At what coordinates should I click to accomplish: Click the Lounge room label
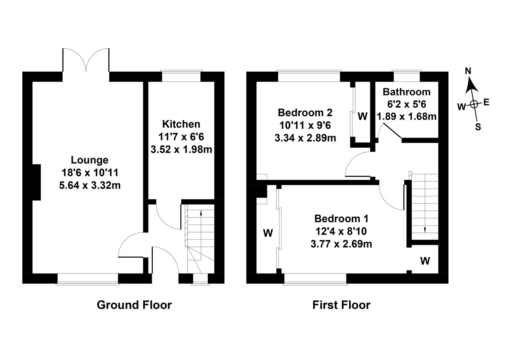click(x=90, y=160)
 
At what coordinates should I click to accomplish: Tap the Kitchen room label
click(x=181, y=124)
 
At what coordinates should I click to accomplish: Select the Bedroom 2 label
click(x=305, y=112)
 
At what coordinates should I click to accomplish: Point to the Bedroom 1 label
click(x=341, y=218)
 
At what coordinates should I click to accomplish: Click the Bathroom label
click(x=406, y=92)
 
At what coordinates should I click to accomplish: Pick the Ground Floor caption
click(x=134, y=305)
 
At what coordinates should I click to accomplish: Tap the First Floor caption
click(x=341, y=305)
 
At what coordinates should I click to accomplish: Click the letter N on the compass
click(x=468, y=71)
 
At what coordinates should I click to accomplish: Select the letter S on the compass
click(x=478, y=127)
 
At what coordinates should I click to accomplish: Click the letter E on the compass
click(x=486, y=102)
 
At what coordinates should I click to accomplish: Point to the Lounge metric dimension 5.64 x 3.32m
click(x=90, y=185)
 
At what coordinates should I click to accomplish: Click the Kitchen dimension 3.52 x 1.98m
click(x=181, y=150)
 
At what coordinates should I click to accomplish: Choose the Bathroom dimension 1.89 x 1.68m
click(x=406, y=117)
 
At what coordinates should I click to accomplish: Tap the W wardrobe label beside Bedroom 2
click(x=362, y=116)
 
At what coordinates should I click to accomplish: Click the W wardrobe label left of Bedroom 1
click(x=268, y=233)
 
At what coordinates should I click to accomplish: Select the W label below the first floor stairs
click(x=425, y=261)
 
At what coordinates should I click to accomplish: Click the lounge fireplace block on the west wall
click(x=37, y=182)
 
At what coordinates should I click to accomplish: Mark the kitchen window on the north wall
click(x=181, y=76)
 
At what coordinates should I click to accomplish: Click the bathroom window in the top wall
click(x=406, y=76)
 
